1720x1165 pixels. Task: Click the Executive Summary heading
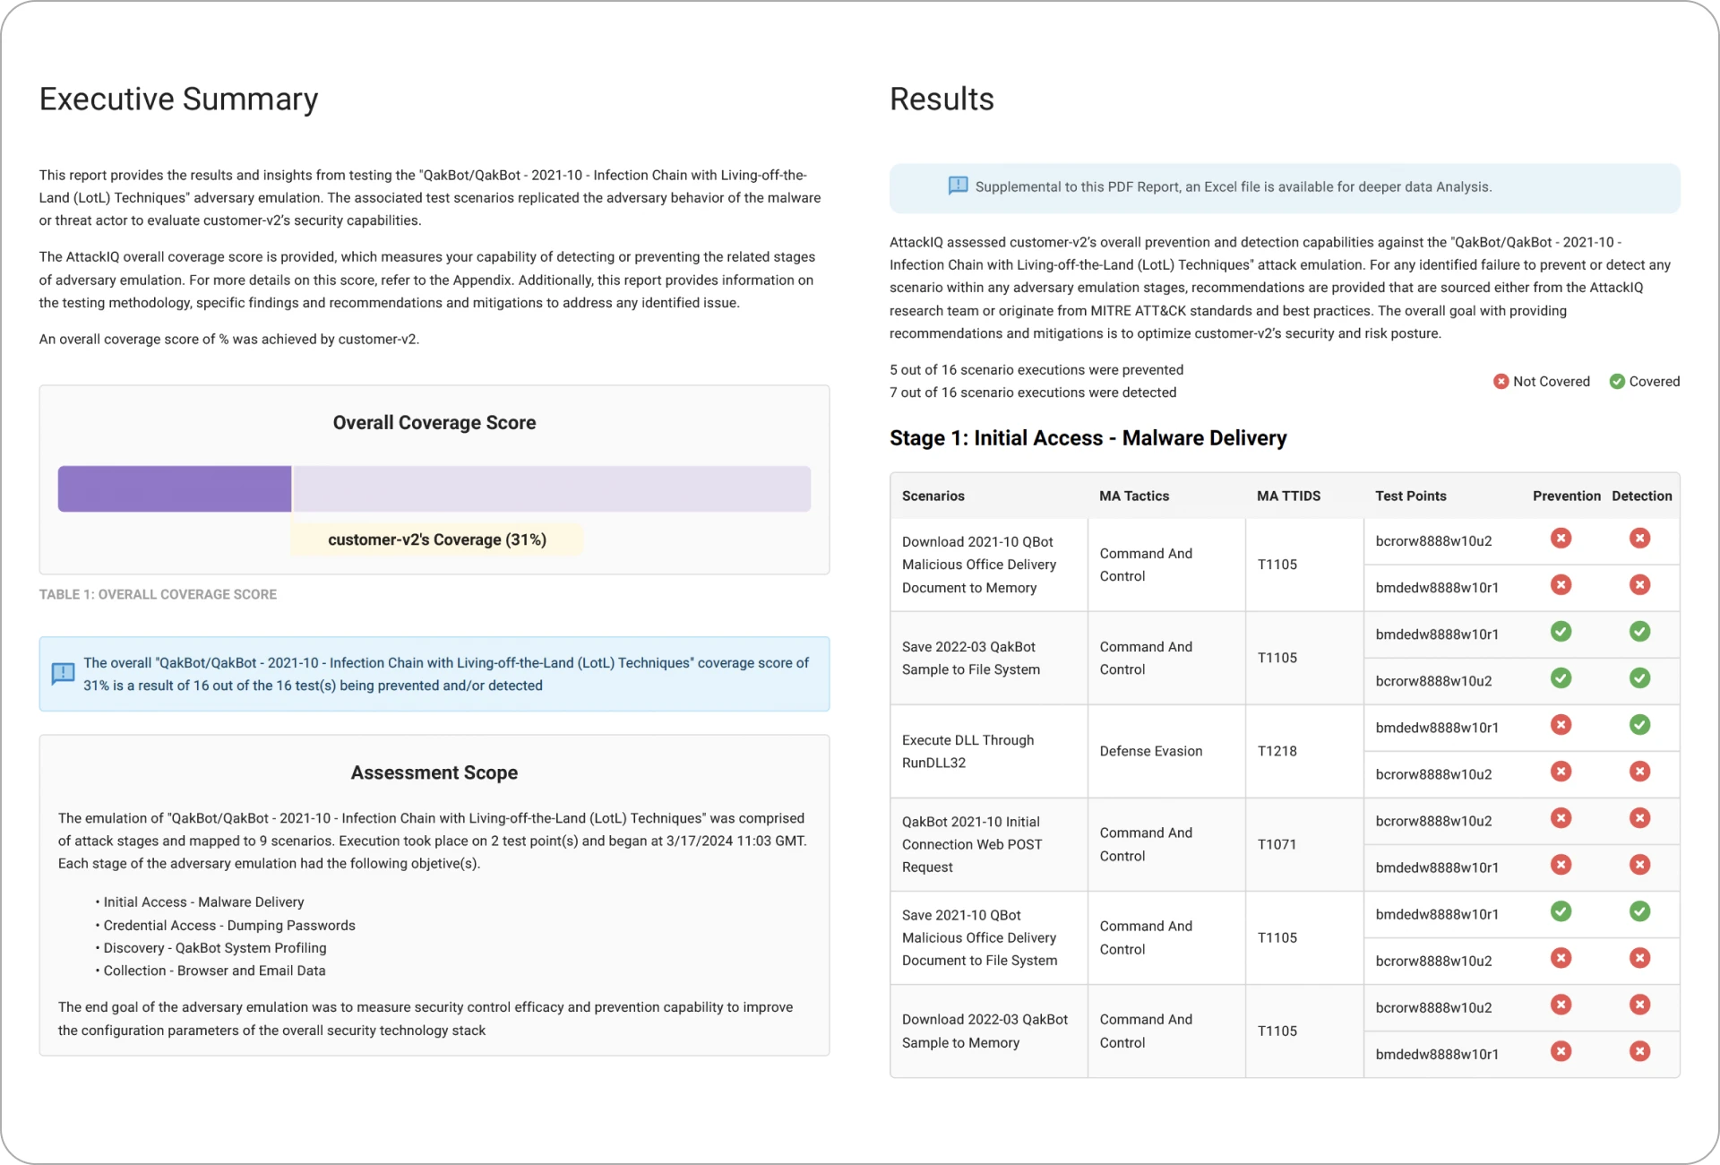(178, 99)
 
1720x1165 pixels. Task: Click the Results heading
(942, 99)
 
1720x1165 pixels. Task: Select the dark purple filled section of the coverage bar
(175, 488)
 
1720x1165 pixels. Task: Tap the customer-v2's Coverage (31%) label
(437, 539)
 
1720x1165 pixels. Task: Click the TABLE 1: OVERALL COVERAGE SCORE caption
(158, 594)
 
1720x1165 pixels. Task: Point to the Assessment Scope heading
(434, 772)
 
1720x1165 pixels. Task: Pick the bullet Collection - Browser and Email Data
(214, 971)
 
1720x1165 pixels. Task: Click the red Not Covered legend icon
(1501, 382)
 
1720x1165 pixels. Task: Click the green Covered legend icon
(1617, 382)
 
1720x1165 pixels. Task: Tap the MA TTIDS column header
(1288, 496)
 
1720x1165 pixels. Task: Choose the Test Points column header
(1411, 496)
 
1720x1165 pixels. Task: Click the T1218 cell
(1277, 751)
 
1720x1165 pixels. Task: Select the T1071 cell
(1277, 844)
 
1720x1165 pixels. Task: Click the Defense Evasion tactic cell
(1151, 751)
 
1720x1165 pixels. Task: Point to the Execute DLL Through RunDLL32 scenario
(967, 751)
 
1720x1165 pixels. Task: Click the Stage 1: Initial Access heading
(1088, 438)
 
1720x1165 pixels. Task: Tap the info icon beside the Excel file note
(958, 186)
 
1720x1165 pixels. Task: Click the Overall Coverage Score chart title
(434, 423)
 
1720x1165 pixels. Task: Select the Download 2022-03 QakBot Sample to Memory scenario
(984, 1031)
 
